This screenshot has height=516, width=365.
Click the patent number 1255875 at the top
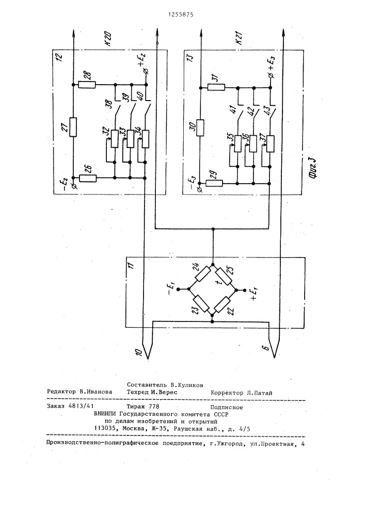click(x=182, y=15)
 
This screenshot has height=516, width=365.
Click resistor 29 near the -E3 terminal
click(x=214, y=183)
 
